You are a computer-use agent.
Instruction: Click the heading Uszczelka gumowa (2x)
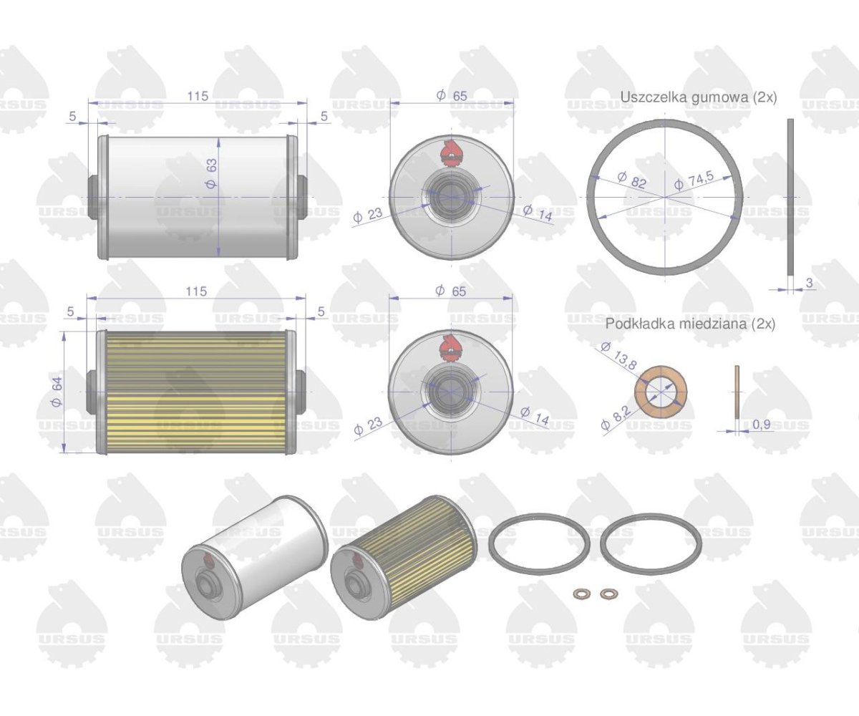point(698,98)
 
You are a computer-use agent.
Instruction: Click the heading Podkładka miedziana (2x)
point(690,324)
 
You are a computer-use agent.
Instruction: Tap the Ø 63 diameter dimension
point(211,173)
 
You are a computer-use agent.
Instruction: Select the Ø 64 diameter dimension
point(57,392)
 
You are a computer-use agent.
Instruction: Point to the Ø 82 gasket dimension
point(632,180)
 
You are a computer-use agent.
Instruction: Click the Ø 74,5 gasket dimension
point(694,180)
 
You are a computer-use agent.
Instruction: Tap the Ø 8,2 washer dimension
point(616,417)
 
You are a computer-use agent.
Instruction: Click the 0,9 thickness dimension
point(762,424)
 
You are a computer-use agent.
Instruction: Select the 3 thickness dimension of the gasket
point(810,283)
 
